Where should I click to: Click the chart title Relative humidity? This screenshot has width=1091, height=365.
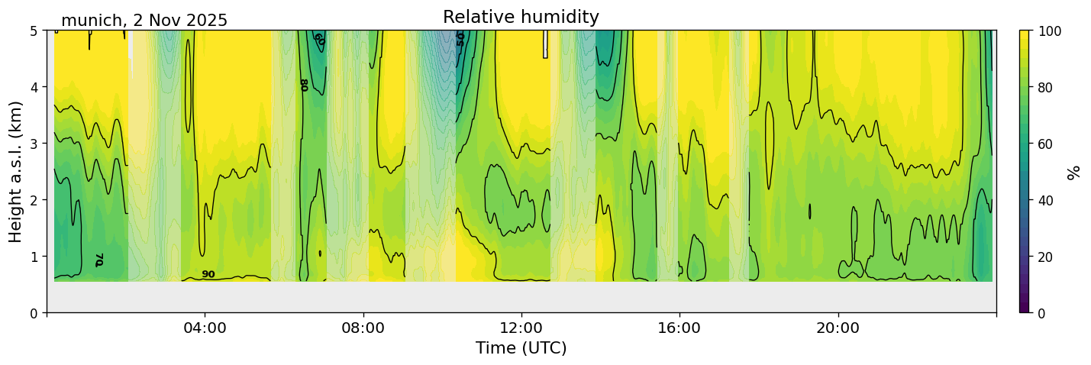tap(521, 18)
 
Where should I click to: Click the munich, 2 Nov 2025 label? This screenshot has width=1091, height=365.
tap(144, 21)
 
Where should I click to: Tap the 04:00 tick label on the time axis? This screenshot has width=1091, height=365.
tap(205, 328)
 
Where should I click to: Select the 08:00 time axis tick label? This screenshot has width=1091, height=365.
tap(363, 328)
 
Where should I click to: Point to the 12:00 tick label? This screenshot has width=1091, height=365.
tap(521, 328)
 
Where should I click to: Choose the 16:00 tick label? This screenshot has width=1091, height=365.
tap(679, 328)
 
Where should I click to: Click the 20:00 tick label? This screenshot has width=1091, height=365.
tap(838, 328)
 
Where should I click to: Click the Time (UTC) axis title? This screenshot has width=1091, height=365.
tap(521, 348)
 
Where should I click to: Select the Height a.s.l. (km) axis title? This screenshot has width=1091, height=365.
tap(16, 171)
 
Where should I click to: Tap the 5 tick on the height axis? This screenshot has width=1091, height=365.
tap(34, 31)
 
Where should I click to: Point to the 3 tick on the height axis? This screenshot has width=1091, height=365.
tap(34, 144)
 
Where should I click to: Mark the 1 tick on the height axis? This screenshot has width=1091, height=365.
tap(34, 257)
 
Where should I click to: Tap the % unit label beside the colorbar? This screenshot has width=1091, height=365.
tap(1074, 172)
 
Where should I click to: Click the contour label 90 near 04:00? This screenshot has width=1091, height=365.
tap(208, 274)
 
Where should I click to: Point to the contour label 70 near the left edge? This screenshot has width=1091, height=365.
tap(99, 260)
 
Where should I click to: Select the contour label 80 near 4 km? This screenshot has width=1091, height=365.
tap(303, 85)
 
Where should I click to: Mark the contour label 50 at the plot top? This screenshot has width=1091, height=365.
tap(460, 39)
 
